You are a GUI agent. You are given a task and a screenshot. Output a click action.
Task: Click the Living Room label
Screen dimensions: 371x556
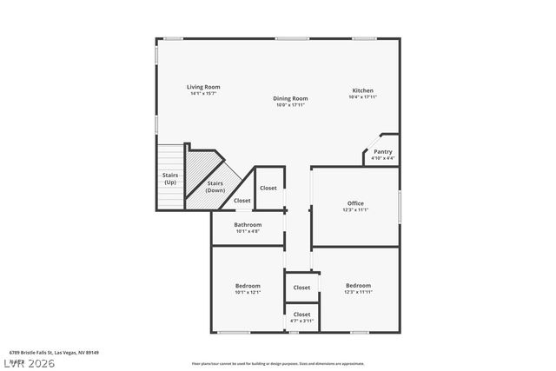[204, 87]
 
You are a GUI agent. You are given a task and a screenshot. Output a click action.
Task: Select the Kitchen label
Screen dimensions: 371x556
[362, 91]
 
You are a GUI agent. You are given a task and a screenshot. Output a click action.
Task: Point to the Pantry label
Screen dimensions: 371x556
[382, 152]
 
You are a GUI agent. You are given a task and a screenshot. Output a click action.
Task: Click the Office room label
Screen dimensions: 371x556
[355, 203]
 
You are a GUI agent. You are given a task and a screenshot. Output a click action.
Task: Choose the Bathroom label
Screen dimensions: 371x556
[248, 225]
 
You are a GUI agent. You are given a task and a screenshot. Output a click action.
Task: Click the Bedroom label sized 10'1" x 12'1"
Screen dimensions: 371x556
[248, 286]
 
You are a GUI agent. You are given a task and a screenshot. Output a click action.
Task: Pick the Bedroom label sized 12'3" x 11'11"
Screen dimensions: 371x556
[358, 286]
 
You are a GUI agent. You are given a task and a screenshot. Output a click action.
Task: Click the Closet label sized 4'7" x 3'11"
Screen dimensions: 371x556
[301, 315]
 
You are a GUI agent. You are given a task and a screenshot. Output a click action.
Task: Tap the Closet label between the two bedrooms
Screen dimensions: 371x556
[301, 288]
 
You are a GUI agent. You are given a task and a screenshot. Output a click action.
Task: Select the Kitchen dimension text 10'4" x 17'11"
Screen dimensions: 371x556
[362, 97]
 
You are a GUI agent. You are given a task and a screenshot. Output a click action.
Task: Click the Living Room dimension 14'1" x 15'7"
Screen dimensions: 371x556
[204, 93]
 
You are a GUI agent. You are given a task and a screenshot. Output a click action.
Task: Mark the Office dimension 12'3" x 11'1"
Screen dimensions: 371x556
[355, 209]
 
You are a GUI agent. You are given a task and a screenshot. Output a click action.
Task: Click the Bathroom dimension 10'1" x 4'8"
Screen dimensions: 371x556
[248, 231]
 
